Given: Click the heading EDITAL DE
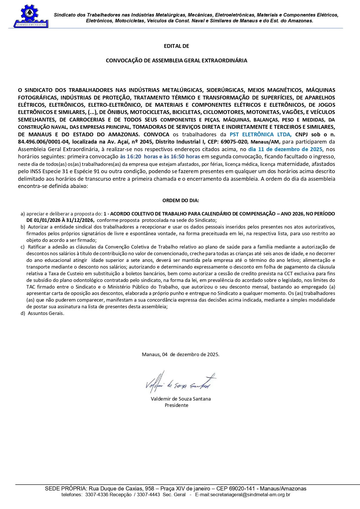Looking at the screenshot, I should coord(176,46).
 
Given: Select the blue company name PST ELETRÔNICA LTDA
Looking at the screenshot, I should coord(260,135).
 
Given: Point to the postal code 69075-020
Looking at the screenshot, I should coord(234,142).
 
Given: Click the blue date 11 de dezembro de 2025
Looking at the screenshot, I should coord(285,149).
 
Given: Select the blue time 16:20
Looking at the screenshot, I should coord(134,157).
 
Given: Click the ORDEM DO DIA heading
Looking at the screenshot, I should coord(180,200).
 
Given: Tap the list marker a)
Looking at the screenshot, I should coord(23,214).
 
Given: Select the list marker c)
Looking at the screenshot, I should coord(23,247).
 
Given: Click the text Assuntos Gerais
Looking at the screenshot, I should coord(46,313).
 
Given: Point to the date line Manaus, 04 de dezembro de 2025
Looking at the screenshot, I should coord(180,354).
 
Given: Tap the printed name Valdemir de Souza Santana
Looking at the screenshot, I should coord(181,399).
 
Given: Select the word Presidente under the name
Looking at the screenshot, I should coord(176,405).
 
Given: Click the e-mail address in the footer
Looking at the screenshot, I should coord(243,495).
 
